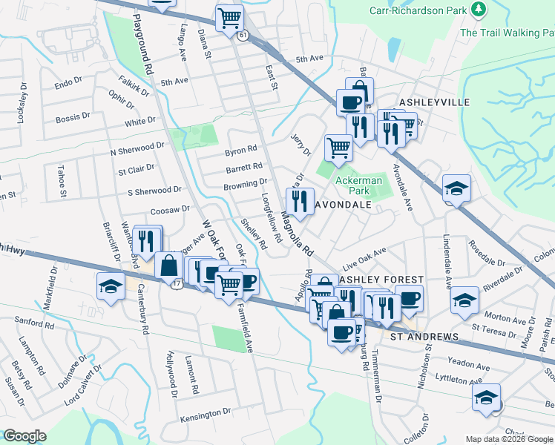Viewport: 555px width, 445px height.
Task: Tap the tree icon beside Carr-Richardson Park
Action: pos(479,9)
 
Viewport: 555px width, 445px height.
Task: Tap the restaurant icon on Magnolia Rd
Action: pos(299,201)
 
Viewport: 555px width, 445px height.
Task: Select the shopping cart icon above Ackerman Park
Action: pos(338,146)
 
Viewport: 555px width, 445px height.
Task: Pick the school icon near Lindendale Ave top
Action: pos(456,188)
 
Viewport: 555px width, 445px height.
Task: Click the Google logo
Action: pos(24,436)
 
